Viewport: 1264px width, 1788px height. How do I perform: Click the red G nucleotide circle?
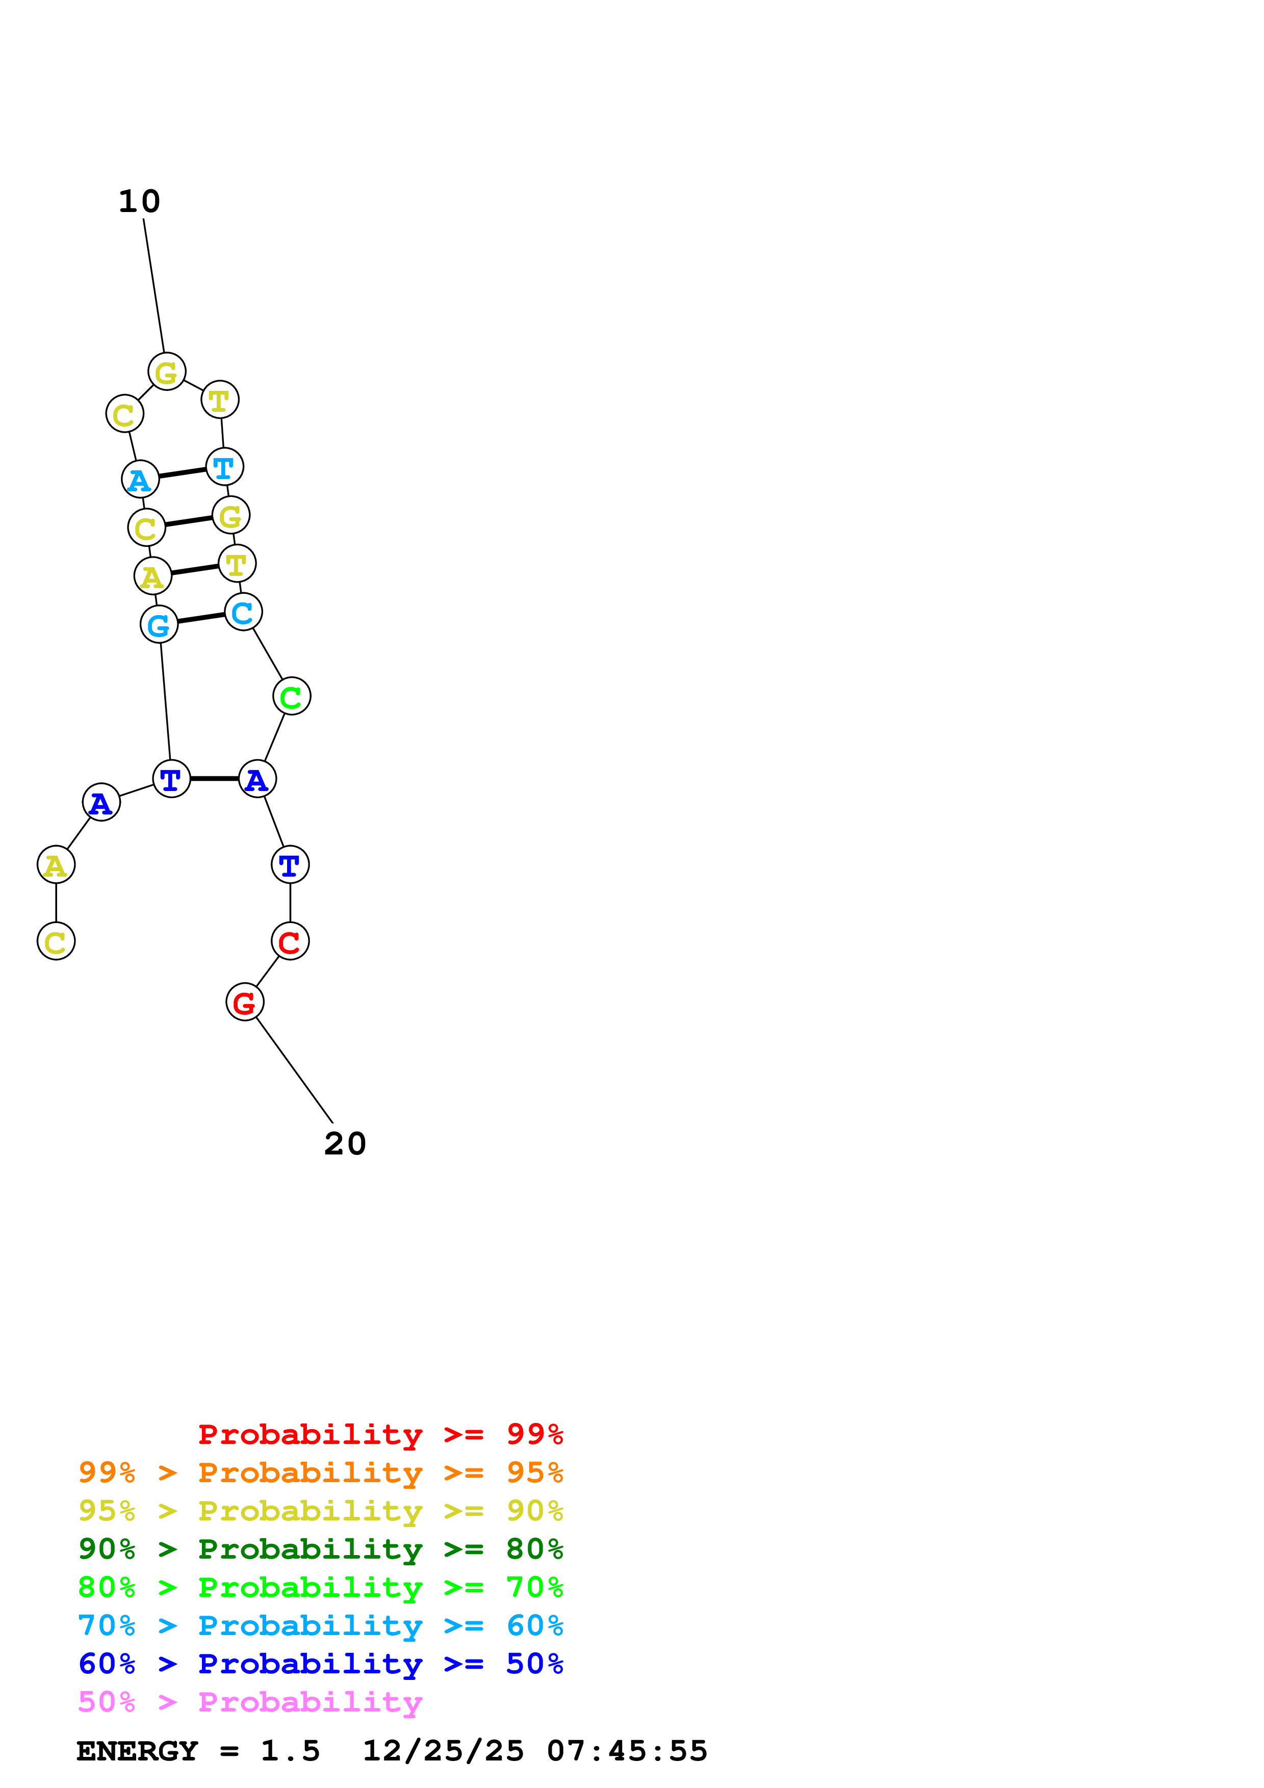coord(245,1002)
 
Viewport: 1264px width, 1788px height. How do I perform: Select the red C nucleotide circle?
coord(290,941)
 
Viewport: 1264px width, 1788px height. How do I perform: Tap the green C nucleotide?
coord(291,696)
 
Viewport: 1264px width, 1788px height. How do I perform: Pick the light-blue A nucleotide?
coord(140,479)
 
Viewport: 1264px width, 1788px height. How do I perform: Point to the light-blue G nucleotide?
coord(159,624)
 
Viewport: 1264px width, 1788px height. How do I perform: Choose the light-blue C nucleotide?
coord(243,612)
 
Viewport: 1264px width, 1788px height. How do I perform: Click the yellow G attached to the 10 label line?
coord(167,372)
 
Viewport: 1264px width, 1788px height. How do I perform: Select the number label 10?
coord(139,202)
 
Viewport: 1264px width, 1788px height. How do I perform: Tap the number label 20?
coord(345,1144)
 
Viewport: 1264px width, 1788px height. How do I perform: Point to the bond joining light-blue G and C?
coord(201,618)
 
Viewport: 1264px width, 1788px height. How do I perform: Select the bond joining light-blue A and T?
coord(182,472)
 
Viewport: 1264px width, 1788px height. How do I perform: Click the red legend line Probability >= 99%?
coord(380,1434)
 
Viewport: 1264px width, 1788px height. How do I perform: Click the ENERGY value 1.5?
coord(290,1751)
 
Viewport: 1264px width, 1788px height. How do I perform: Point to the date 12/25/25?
coord(443,1751)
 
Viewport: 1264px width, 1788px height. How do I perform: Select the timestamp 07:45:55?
coord(627,1751)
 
